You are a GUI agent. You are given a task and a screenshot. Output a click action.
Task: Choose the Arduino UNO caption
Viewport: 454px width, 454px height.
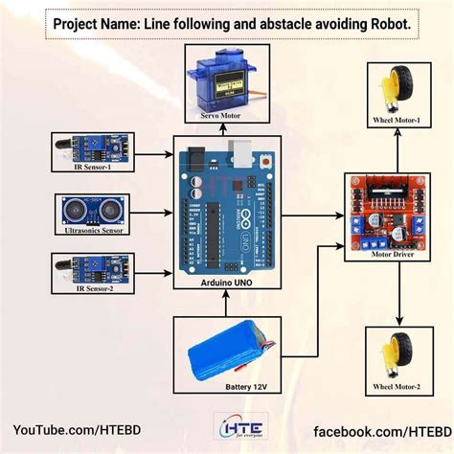coord(226,284)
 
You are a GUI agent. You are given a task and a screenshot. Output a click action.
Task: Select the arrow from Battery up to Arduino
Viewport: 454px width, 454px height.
coord(226,304)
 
